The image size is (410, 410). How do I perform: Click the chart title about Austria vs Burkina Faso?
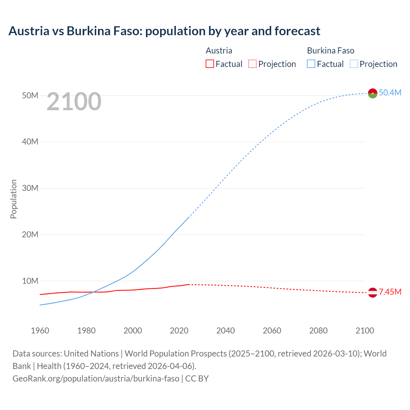pyautogui.click(x=164, y=31)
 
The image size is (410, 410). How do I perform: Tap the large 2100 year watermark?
pyautogui.click(x=74, y=102)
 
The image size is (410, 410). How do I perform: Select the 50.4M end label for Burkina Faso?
pyautogui.click(x=390, y=93)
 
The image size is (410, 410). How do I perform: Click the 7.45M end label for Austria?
pyautogui.click(x=390, y=292)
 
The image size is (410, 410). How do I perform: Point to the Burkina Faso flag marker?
pyautogui.click(x=373, y=93)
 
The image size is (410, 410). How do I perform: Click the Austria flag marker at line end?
pyautogui.click(x=373, y=292)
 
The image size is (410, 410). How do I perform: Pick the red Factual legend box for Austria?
pyautogui.click(x=209, y=64)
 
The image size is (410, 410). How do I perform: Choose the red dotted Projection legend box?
pyautogui.click(x=252, y=64)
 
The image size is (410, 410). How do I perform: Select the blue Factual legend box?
pyautogui.click(x=311, y=64)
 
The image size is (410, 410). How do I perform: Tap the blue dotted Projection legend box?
pyautogui.click(x=354, y=64)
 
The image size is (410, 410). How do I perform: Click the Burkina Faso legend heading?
pyautogui.click(x=331, y=51)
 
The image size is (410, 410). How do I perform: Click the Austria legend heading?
pyautogui.click(x=219, y=51)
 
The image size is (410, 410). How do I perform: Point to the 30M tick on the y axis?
pyautogui.click(x=30, y=188)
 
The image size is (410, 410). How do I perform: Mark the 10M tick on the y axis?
pyautogui.click(x=30, y=281)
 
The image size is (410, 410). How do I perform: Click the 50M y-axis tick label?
pyautogui.click(x=30, y=95)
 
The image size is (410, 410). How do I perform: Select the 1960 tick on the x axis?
pyautogui.click(x=40, y=331)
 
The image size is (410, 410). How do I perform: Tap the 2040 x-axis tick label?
pyautogui.click(x=225, y=331)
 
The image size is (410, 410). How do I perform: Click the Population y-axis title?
pyautogui.click(x=13, y=199)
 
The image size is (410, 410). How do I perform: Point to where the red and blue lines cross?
pyautogui.click(x=93, y=292)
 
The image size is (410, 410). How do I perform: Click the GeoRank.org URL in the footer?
pyautogui.click(x=96, y=378)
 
